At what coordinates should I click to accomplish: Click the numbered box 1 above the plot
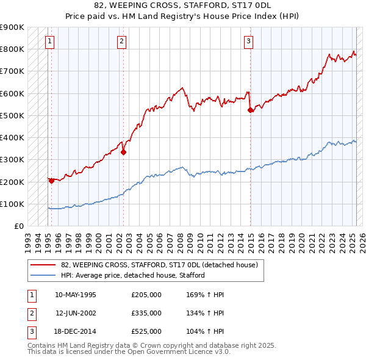pyautogui.click(x=49, y=41)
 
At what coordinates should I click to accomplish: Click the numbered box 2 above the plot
pyautogui.click(x=122, y=41)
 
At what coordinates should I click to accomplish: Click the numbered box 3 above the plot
pyautogui.click(x=249, y=41)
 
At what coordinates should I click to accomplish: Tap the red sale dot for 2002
pyautogui.click(x=123, y=153)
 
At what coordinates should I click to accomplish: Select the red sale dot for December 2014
pyautogui.click(x=251, y=110)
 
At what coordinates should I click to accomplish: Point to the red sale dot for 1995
pyautogui.click(x=51, y=180)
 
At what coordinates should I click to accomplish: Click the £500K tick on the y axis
pyautogui.click(x=12, y=115)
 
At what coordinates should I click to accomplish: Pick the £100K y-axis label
pyautogui.click(x=12, y=204)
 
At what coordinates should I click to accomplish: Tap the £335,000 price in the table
pyautogui.click(x=146, y=313)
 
